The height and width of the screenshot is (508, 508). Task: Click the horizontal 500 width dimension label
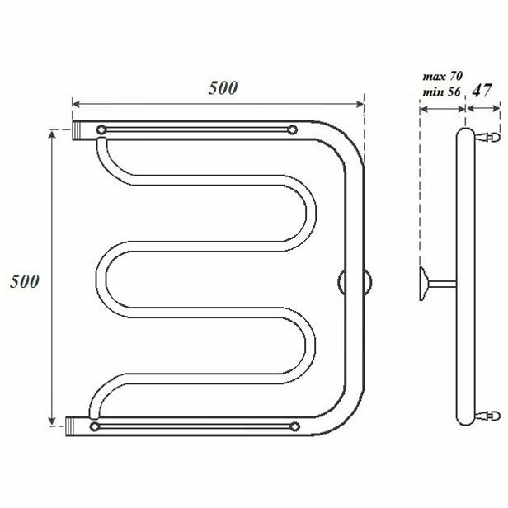tap(223, 87)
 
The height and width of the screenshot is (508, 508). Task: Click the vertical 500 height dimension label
tap(25, 281)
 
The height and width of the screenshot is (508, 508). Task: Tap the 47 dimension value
tap(482, 91)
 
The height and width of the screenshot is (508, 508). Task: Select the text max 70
tap(442, 77)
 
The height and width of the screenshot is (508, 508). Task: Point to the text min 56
tap(441, 92)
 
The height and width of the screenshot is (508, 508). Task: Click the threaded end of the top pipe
tap(76, 130)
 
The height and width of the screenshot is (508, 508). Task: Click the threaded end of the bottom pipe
tap(70, 426)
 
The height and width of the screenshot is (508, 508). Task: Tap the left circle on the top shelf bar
tap(101, 130)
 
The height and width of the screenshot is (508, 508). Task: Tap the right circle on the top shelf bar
tap(293, 130)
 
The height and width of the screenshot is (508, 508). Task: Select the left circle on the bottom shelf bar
tap(95, 426)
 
